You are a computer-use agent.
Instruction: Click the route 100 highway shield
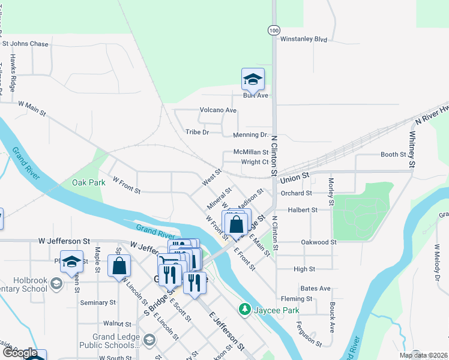coord(274,29)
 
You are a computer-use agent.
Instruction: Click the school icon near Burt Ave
coord(253,79)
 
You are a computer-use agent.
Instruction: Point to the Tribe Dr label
coord(197,132)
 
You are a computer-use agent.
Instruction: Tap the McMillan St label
coord(251,152)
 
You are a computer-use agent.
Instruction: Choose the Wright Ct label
coord(255,162)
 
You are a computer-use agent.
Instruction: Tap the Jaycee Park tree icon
coord(244,310)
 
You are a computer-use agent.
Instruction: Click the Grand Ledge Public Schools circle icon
coord(149,340)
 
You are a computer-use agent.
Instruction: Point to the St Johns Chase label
coord(25,44)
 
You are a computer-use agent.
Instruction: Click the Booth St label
coord(394,154)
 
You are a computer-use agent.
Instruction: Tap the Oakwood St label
coord(319,242)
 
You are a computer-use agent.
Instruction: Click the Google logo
coord(20,353)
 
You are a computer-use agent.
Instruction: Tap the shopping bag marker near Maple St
coord(119,265)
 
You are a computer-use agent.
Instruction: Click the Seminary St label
coord(97,303)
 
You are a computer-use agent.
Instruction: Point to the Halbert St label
coord(302,210)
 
